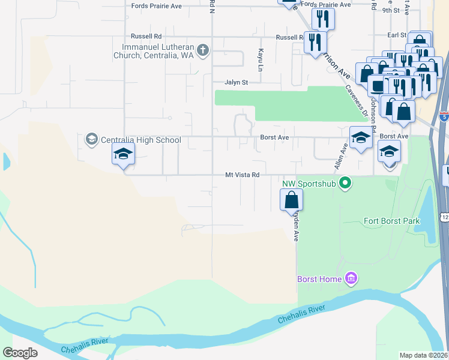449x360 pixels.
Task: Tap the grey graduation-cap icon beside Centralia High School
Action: coord(92,140)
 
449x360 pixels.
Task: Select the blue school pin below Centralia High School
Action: coord(123,155)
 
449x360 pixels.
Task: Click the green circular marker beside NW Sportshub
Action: coord(345,182)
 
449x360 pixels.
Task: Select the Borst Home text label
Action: coord(320,278)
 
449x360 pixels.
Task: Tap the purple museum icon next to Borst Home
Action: coord(352,278)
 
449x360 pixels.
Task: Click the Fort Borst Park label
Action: coord(391,221)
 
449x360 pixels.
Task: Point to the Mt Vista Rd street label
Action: coord(242,175)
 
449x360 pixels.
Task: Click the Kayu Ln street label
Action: coord(261,58)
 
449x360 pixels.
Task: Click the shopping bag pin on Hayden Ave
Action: coord(291,199)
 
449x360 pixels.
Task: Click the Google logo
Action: coord(20,353)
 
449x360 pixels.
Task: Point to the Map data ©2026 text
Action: coord(424,355)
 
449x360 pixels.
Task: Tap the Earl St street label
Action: coord(397,35)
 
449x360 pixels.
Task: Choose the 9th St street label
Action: coord(391,11)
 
